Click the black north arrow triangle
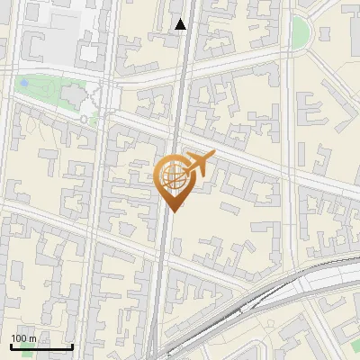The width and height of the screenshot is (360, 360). (x=181, y=24)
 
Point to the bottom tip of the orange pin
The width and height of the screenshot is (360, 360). (x=172, y=211)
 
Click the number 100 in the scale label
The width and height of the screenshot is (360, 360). (x=18, y=338)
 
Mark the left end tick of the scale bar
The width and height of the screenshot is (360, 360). (x=11, y=346)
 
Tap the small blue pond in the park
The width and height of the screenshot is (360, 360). (x=24, y=84)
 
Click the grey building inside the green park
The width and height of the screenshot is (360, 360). (x=69, y=94)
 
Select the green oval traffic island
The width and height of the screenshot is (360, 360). (x=301, y=32)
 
